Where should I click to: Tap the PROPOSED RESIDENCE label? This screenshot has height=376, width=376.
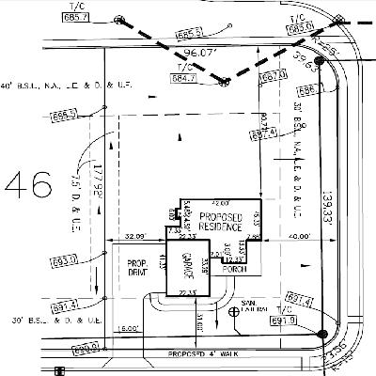pyautogui.click(x=221, y=222)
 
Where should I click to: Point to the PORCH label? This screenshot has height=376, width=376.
pyautogui.click(x=234, y=264)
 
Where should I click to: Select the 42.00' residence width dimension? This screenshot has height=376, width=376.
pyautogui.click(x=221, y=202)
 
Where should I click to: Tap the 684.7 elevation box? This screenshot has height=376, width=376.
pyautogui.click(x=183, y=77)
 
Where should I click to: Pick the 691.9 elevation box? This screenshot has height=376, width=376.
pyautogui.click(x=283, y=321)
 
